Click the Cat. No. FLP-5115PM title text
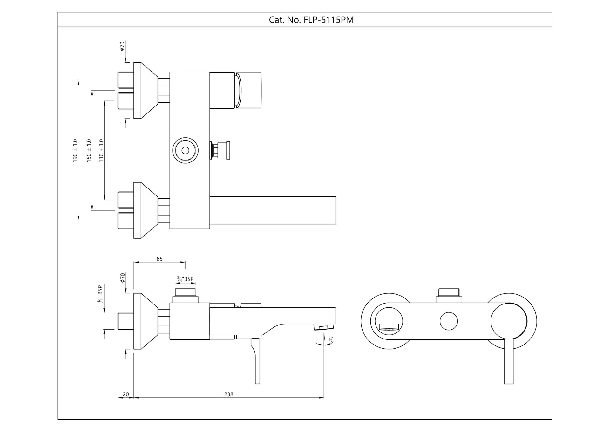(311, 20)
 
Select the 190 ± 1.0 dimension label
(75, 150)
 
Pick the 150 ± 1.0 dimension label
(89, 150)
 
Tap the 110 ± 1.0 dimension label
(101, 150)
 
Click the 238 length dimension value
(229, 394)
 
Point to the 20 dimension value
(126, 394)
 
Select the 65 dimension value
(159, 259)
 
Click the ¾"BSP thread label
(185, 279)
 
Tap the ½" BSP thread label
(100, 294)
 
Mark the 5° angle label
(331, 340)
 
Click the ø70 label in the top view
(122, 46)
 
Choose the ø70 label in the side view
(123, 278)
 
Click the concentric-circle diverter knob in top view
(186, 150)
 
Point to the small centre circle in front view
(449, 321)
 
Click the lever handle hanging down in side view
(256, 361)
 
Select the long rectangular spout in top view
(273, 210)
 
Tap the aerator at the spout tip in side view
(324, 327)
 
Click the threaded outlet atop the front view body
(449, 295)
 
